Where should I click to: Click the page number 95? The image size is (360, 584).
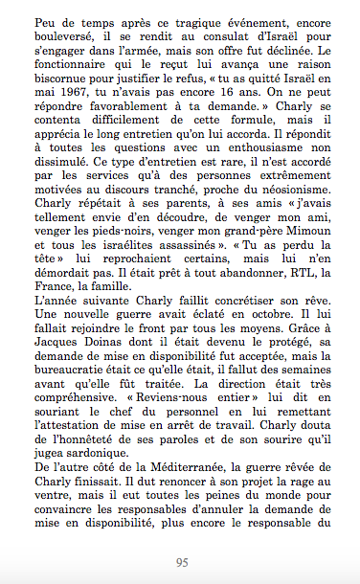point(180,562)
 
